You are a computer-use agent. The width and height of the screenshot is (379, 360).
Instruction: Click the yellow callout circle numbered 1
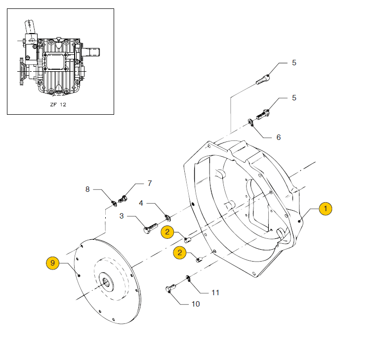pos(325,209)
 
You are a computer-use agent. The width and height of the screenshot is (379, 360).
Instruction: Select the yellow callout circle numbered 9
pos(53,263)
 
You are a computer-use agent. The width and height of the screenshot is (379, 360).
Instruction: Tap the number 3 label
pos(121,216)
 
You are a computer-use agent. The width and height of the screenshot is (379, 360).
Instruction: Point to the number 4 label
pos(141,203)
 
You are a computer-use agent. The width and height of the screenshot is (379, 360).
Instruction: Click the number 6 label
pos(278,137)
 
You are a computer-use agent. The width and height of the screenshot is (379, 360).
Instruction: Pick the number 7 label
pos(150,183)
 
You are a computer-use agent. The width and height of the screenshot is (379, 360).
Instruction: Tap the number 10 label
pos(196,304)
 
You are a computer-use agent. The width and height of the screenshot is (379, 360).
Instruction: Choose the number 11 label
pos(215,292)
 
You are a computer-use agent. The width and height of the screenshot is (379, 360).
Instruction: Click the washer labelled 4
pos(168,217)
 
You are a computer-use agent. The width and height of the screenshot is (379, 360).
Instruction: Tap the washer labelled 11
pos(188,280)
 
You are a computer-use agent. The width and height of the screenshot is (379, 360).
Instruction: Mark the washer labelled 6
pos(251,122)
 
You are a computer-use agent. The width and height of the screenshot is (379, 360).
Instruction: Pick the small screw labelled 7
pos(123,199)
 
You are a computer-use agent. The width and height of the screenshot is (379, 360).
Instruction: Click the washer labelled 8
pos(113,201)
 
